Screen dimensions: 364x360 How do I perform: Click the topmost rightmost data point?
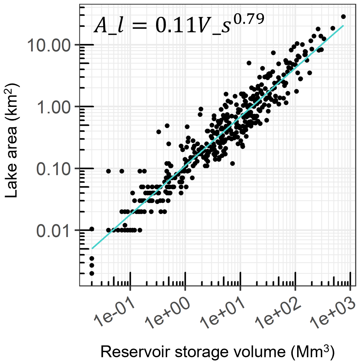point(343,16)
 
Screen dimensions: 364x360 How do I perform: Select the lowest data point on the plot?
point(92,273)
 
